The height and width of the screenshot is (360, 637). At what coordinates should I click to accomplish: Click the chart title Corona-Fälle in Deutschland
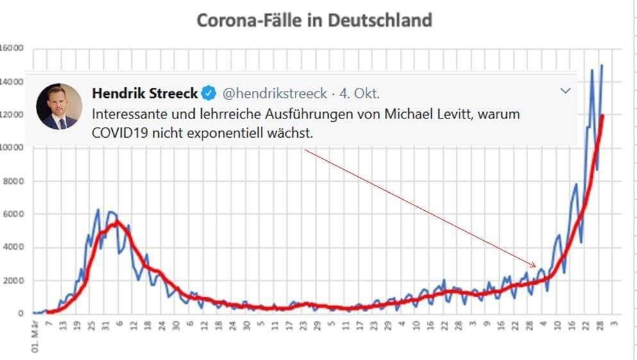[x=314, y=20]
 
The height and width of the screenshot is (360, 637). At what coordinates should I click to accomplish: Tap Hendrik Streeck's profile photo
[x=58, y=106]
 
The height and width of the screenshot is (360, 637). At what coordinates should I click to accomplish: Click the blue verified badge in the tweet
[x=208, y=94]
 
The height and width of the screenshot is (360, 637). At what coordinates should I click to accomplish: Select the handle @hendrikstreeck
[x=274, y=94]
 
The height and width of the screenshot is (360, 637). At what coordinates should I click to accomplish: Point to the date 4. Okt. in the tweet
[x=360, y=94]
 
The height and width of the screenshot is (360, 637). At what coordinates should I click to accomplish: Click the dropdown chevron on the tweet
[x=565, y=92]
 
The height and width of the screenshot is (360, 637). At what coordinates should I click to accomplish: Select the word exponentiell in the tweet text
[x=240, y=133]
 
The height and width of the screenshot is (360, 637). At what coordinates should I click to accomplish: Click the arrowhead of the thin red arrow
[x=534, y=265]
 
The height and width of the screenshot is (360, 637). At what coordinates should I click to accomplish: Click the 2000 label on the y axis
[x=13, y=281]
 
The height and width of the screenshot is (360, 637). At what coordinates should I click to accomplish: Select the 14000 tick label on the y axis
[x=12, y=82]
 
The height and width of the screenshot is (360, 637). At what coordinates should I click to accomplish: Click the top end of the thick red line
[x=602, y=116]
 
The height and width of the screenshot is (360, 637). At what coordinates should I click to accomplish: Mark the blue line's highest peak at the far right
[x=602, y=65]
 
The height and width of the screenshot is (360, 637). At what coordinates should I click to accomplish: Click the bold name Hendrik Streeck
[x=145, y=94]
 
